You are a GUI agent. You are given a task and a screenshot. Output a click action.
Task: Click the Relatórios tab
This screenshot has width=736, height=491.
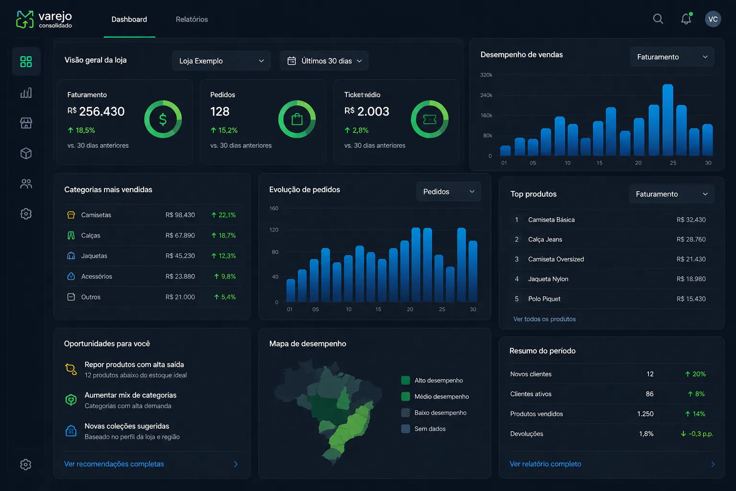[192, 19]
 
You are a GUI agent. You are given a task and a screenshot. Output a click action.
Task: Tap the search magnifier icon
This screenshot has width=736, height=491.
[658, 19]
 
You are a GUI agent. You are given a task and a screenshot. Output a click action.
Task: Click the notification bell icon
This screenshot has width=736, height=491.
[686, 19]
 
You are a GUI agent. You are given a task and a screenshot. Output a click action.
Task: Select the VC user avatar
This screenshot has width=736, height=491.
[713, 19]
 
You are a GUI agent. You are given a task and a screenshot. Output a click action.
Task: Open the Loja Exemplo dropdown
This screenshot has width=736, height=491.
[221, 61]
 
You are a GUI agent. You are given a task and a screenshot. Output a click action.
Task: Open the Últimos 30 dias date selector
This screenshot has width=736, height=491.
[324, 61]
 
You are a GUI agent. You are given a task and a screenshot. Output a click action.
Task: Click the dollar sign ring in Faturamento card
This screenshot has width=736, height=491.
[162, 119]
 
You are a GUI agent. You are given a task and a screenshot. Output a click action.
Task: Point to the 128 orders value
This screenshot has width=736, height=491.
[220, 112]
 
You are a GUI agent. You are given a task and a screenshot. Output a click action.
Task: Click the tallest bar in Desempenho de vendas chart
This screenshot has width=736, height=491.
[667, 120]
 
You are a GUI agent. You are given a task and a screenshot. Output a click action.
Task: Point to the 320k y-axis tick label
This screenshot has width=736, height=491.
[486, 75]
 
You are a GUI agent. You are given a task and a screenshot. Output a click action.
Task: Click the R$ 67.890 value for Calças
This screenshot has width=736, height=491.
[180, 235]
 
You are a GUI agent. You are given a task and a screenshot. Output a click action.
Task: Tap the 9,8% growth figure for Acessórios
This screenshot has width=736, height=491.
[225, 277]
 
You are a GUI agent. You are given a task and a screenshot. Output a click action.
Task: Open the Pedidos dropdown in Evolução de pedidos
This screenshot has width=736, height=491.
[448, 191]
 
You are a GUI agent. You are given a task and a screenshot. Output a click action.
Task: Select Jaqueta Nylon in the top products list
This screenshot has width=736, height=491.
[548, 279]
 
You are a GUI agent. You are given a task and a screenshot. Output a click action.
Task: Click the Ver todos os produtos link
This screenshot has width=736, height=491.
[544, 319]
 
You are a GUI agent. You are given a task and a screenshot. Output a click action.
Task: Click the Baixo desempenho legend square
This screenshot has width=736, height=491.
[405, 413]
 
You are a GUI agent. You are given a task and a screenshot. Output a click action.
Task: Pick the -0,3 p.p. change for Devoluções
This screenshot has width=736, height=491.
[697, 434]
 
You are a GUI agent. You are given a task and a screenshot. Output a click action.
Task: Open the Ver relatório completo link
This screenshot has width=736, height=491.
[545, 464]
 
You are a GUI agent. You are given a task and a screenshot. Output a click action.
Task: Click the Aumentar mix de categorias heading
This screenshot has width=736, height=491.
[130, 395]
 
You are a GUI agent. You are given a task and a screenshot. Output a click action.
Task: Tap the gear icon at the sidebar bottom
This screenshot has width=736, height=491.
[25, 464]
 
